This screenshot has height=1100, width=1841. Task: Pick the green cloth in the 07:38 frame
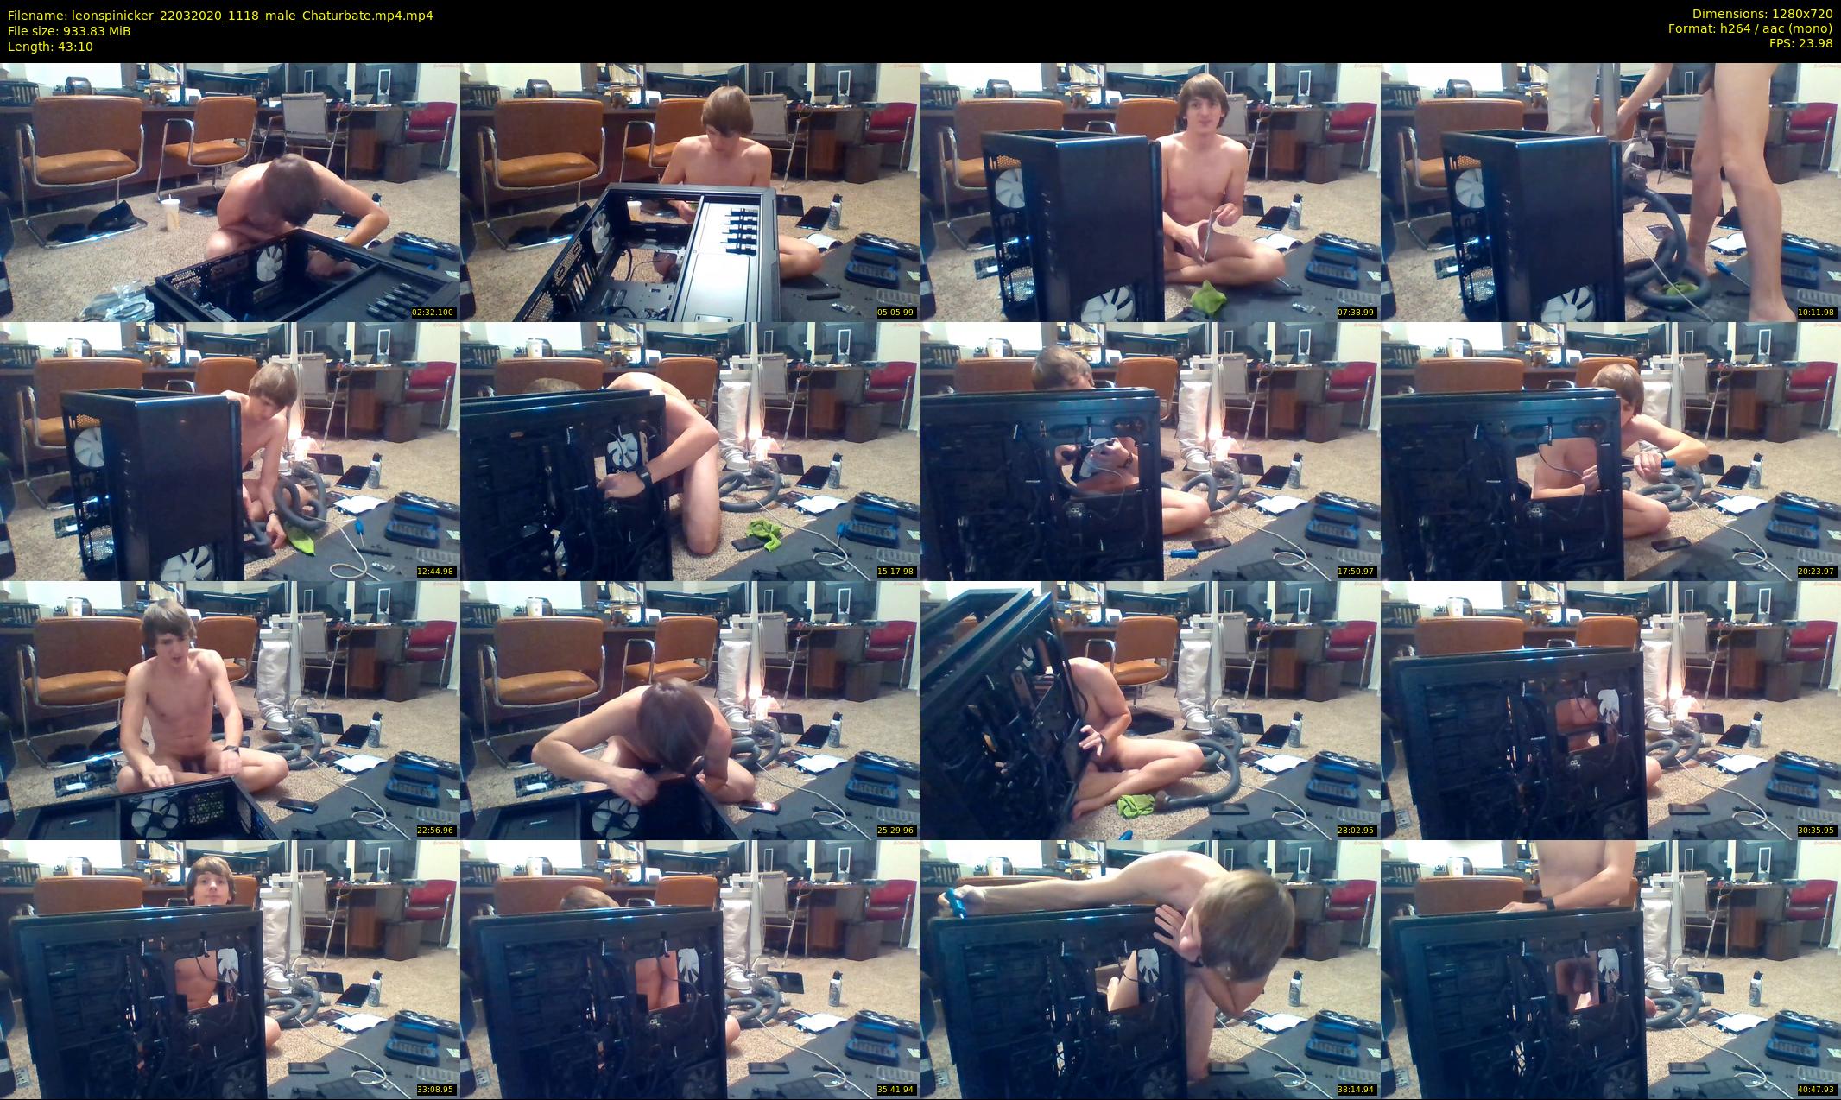1209,294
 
